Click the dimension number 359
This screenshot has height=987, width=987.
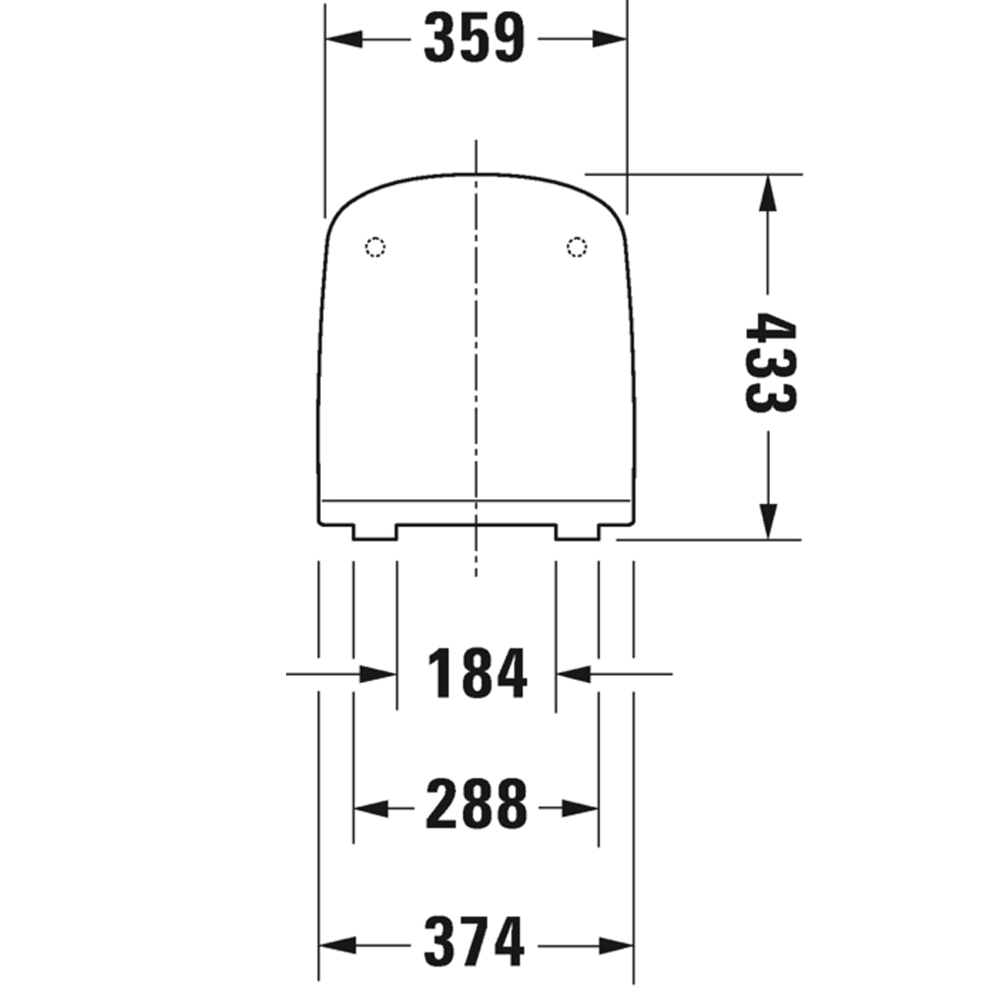click(x=475, y=39)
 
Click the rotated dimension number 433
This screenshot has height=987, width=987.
click(x=769, y=362)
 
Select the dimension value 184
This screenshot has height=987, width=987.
click(x=478, y=675)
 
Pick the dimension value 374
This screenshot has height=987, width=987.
click(x=475, y=943)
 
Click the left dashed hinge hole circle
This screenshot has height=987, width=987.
click(x=376, y=247)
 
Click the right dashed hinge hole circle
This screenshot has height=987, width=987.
click(x=576, y=247)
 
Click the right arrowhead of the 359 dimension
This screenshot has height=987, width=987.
click(x=611, y=39)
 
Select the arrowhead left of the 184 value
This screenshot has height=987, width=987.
click(x=380, y=675)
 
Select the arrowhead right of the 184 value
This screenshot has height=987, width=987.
click(x=572, y=675)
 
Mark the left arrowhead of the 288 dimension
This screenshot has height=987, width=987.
click(x=368, y=808)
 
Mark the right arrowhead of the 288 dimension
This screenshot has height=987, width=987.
click(x=583, y=808)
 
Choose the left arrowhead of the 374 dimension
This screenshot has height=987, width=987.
click(x=333, y=943)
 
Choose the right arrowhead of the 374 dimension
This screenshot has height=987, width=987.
click(x=617, y=943)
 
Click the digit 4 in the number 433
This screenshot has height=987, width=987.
click(x=769, y=329)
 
